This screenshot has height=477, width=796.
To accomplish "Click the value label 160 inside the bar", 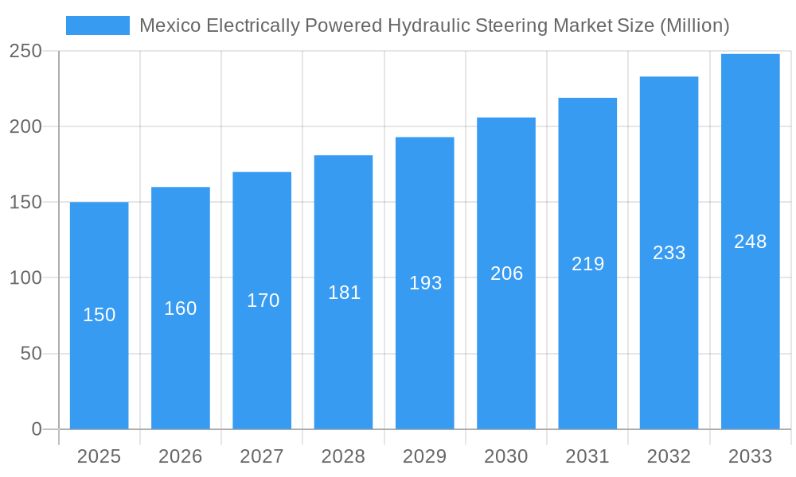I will [x=181, y=308].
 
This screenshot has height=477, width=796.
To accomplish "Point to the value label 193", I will [x=425, y=283].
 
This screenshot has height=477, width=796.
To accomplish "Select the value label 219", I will [x=588, y=264].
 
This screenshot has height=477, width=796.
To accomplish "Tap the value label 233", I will [x=669, y=253].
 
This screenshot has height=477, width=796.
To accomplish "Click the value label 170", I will [x=263, y=301].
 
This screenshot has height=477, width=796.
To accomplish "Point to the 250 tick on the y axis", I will [x=25, y=51].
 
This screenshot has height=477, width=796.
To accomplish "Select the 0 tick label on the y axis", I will [x=37, y=429].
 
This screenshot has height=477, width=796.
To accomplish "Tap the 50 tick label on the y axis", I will [x=31, y=354].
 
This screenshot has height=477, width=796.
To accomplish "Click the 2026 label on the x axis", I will [x=181, y=456].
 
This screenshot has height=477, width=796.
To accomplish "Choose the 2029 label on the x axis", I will [x=425, y=456].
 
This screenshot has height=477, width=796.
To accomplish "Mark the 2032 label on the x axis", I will [x=669, y=456].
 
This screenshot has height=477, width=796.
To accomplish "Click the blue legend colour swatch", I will [x=97, y=25].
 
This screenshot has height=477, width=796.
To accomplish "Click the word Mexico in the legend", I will [x=170, y=25].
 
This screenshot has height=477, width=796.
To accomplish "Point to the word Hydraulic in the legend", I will [x=427, y=25].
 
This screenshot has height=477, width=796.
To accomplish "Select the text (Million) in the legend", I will [x=695, y=25].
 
